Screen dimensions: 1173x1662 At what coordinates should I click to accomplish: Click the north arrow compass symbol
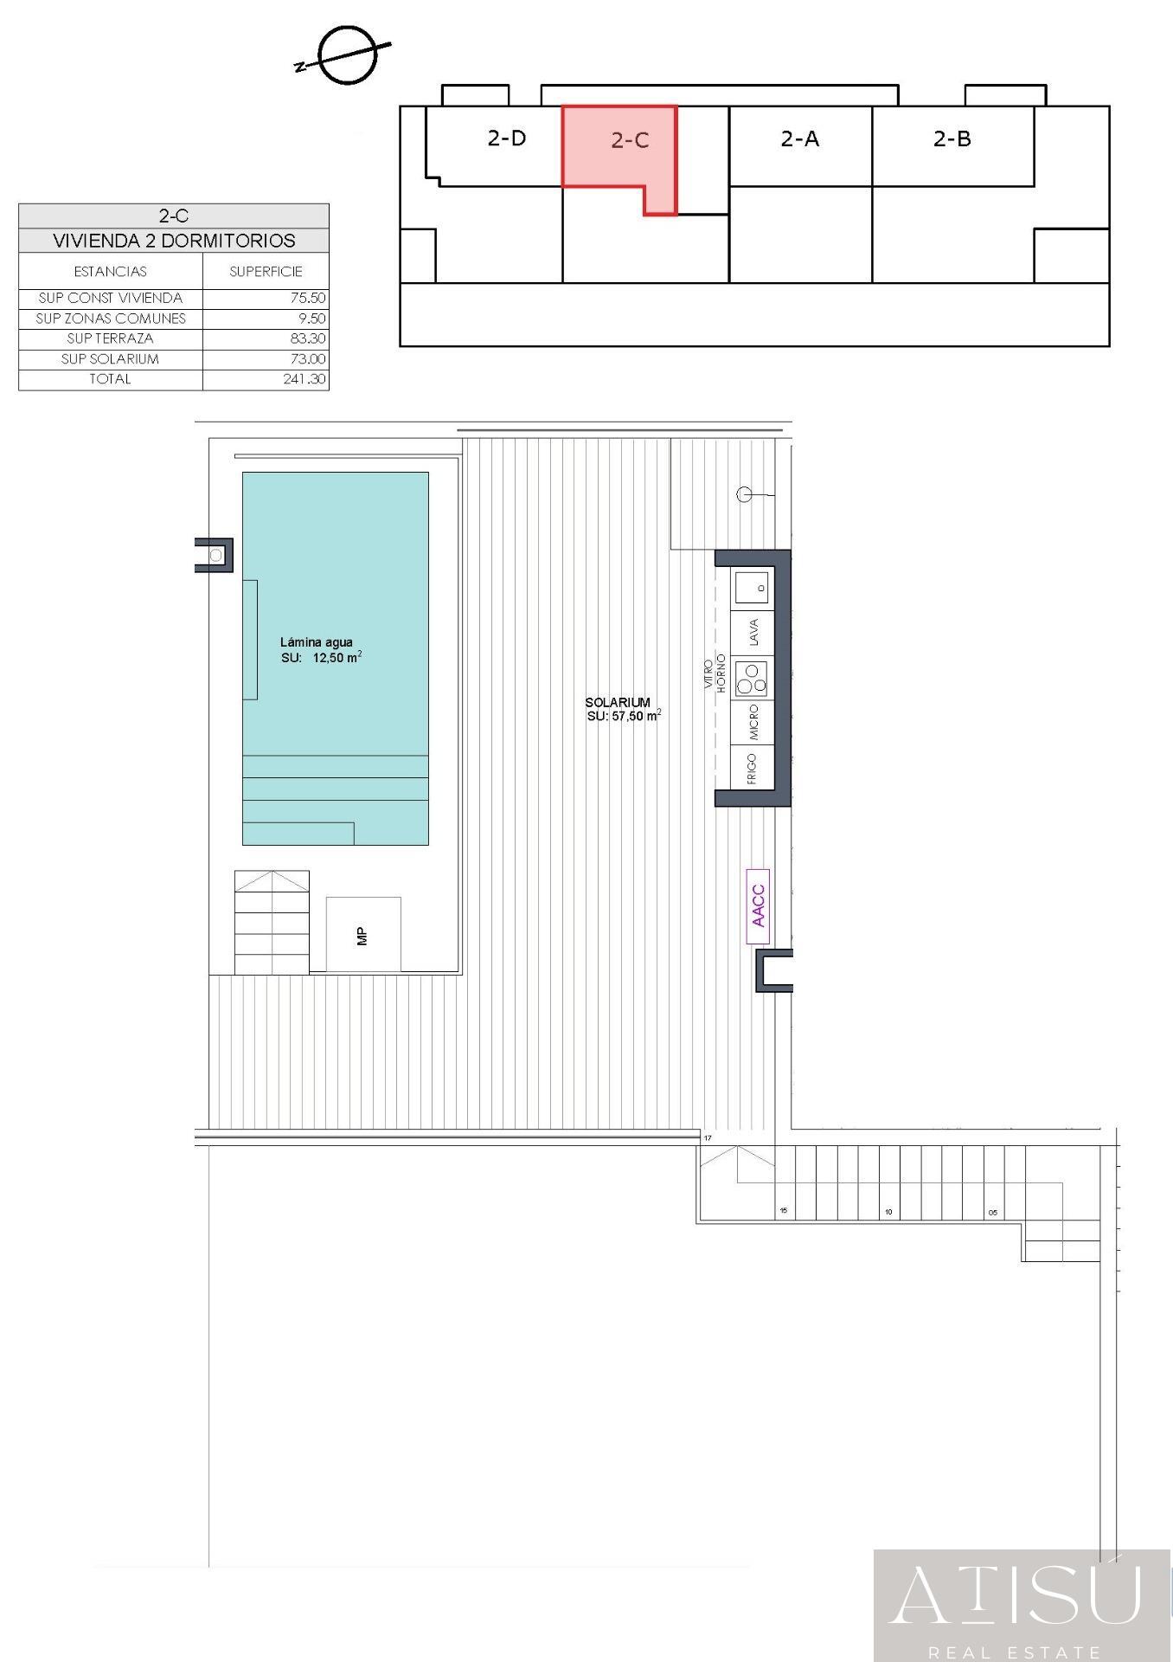(x=347, y=55)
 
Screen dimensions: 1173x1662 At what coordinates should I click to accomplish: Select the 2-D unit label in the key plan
(x=507, y=138)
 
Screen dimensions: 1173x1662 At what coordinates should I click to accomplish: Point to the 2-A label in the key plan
(x=800, y=138)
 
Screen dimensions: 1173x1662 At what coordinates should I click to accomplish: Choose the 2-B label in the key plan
(x=952, y=138)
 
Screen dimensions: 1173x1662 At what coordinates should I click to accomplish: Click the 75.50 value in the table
(x=308, y=298)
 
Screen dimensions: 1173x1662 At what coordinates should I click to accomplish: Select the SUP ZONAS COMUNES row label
(x=111, y=319)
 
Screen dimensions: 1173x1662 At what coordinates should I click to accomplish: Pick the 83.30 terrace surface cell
(x=308, y=338)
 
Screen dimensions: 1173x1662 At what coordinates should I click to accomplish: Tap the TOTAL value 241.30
(x=304, y=379)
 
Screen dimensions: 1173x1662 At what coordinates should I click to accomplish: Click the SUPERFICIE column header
(x=266, y=272)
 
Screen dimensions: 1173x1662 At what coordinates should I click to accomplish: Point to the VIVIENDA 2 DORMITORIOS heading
(x=174, y=241)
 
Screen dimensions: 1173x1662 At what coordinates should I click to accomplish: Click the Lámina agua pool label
(x=317, y=642)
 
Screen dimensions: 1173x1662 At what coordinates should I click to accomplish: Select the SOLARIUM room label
(x=618, y=702)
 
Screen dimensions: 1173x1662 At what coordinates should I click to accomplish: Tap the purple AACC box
(x=758, y=906)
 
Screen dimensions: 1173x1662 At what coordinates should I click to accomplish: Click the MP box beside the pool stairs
(x=363, y=935)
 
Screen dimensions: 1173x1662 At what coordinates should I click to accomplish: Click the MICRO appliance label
(x=753, y=723)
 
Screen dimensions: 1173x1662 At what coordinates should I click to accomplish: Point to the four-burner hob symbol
(x=751, y=679)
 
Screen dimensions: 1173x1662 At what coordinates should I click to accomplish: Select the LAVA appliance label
(x=753, y=633)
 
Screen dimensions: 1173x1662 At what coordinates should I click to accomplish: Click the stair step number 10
(x=888, y=1212)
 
